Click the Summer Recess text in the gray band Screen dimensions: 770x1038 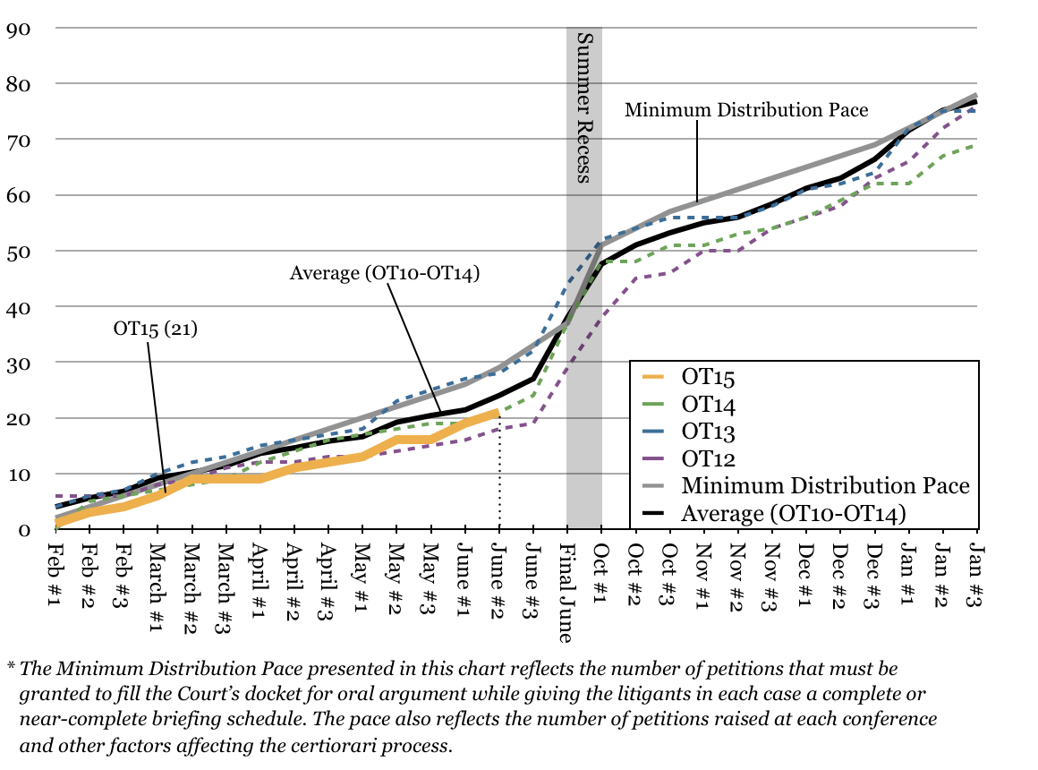tap(583, 107)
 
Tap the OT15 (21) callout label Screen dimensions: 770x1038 tap(155, 329)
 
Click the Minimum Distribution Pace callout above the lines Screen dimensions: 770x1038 tap(745, 110)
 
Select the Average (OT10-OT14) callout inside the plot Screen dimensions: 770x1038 tap(385, 273)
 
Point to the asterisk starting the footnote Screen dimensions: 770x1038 tap(12, 667)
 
